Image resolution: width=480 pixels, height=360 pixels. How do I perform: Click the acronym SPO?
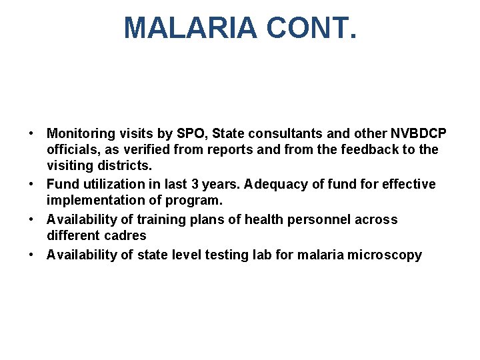click(193, 134)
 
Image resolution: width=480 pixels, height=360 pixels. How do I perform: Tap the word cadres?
click(126, 235)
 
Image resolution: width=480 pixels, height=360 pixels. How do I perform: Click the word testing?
click(209, 255)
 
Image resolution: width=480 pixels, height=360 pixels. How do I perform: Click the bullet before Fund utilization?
click(32, 184)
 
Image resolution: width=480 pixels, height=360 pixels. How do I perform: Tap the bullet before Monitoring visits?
click(32, 134)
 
